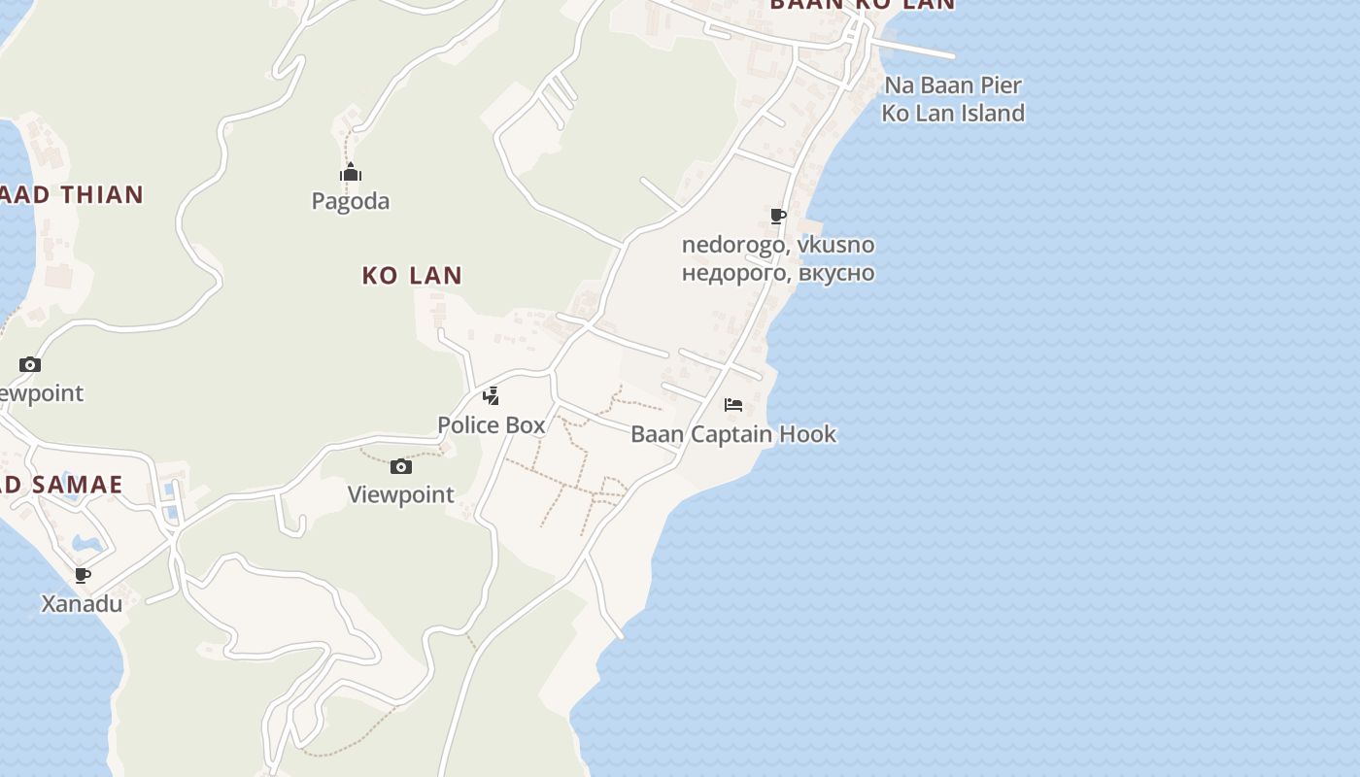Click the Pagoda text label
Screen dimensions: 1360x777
[351, 201]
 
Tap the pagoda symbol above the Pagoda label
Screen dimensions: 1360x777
[351, 174]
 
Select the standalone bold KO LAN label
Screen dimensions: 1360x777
[412, 276]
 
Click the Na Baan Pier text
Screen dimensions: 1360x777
[953, 85]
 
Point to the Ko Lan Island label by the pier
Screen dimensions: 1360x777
[953, 113]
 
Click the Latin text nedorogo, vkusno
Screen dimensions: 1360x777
[778, 245]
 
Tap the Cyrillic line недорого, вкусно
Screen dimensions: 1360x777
[778, 273]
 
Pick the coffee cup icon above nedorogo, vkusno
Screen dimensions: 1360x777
[777, 216]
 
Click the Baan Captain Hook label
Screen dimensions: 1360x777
[733, 434]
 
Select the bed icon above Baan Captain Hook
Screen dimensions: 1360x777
[733, 404]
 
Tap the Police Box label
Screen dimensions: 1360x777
[492, 424]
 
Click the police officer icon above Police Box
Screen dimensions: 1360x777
[492, 395]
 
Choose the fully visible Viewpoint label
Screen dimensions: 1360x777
[401, 494]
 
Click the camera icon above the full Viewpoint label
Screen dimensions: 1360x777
[401, 467]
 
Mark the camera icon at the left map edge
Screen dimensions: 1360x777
[30, 365]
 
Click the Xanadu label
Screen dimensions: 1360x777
[82, 604]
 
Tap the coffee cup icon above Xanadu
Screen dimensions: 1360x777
[83, 575]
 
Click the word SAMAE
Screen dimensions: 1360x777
[76, 485]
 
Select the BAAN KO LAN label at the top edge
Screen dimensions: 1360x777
[863, 5]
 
